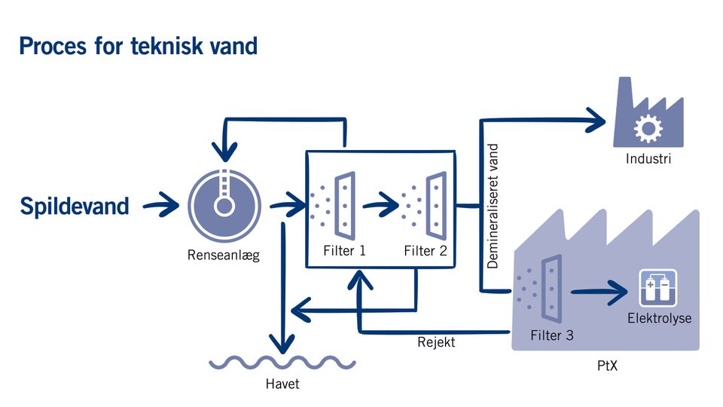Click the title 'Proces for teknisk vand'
[x=138, y=46]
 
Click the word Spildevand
[x=75, y=206]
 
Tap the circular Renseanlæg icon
[x=224, y=204]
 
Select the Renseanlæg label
[x=224, y=256]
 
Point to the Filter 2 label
[x=426, y=251]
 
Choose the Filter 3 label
[x=551, y=335]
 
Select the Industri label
[x=648, y=159]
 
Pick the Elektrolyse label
[x=659, y=318]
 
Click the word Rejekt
[x=436, y=343]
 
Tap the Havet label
[x=282, y=384]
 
